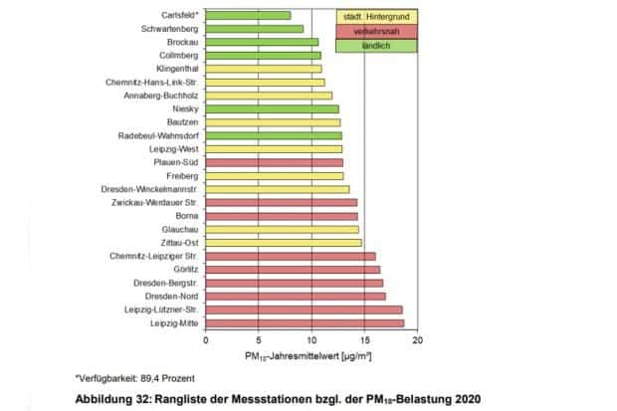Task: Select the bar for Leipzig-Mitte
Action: pos(305,322)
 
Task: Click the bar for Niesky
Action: pos(272,108)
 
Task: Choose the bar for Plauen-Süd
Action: pos(274,161)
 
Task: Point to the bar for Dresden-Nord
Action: pos(296,296)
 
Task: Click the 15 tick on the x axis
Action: pos(364,340)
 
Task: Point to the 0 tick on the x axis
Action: pos(206,340)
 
